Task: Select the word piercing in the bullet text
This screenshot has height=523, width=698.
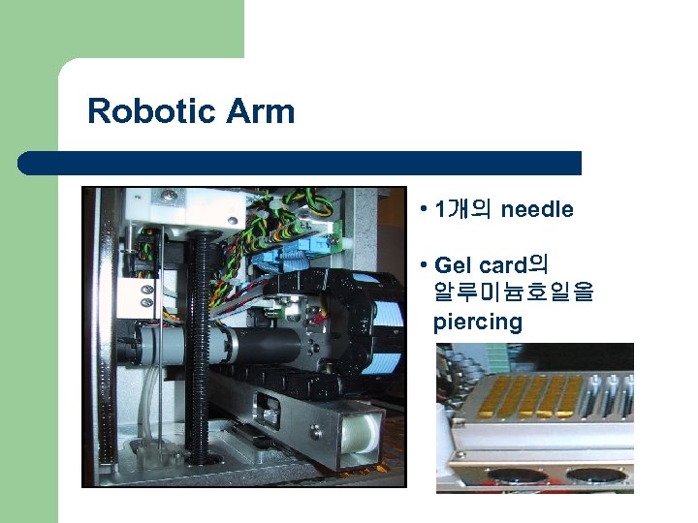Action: point(478,322)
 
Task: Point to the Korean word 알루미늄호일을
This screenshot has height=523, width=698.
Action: point(514,292)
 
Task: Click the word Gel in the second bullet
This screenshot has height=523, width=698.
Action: point(454,264)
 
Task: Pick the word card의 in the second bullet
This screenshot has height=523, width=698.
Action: point(513,264)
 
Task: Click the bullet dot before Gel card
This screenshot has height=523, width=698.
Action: point(425,265)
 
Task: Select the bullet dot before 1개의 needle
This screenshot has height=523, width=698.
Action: point(425,210)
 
